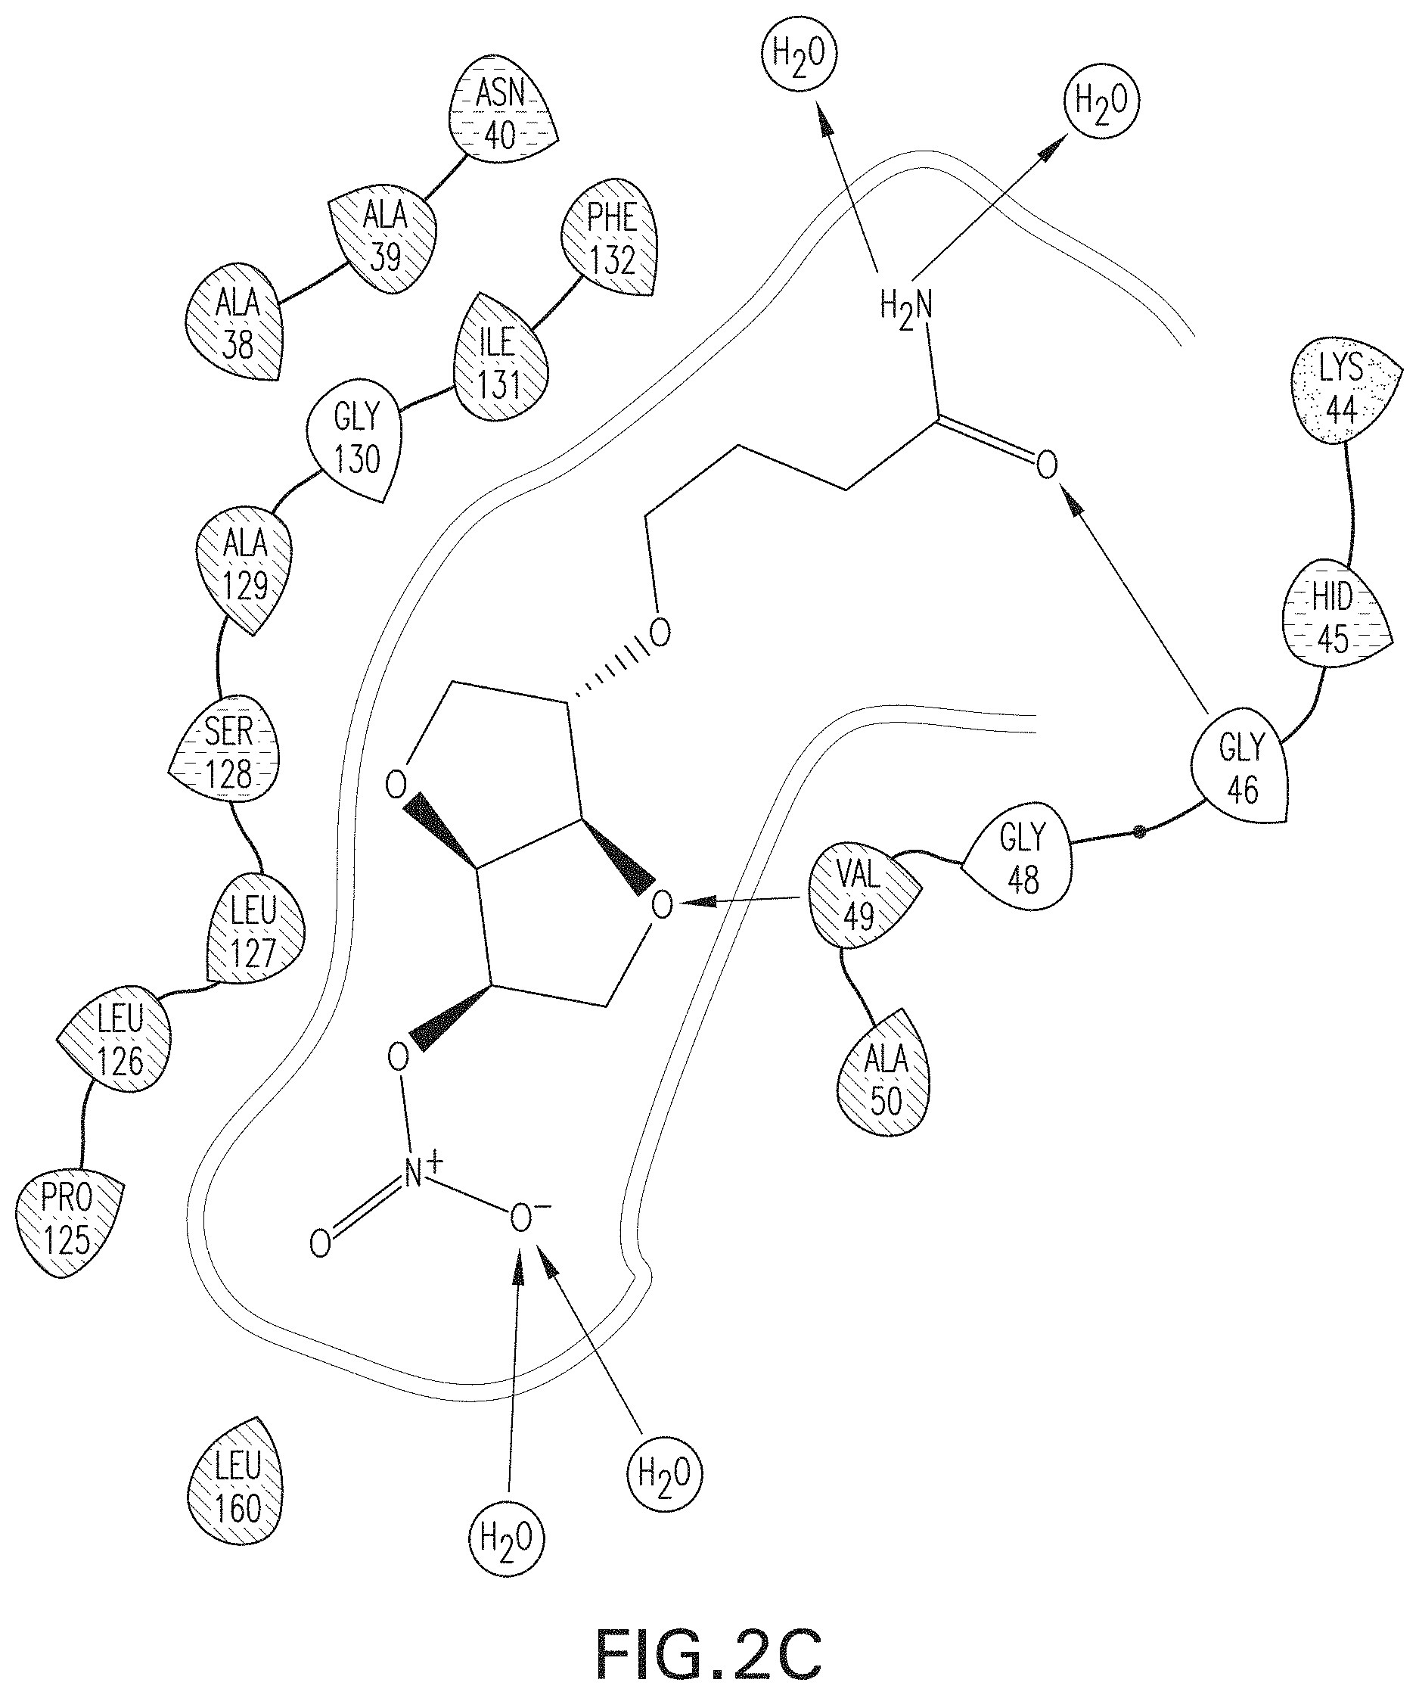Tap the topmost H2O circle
799,53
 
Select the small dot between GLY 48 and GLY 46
1138,831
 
